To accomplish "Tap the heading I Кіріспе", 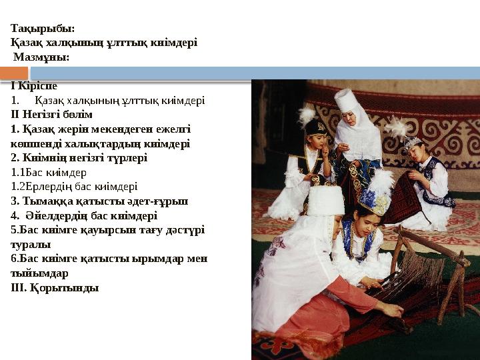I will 34,86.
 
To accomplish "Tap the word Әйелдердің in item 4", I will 55,215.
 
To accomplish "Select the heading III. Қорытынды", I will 55,288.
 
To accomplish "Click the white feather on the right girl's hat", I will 398,127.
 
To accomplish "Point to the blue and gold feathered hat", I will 373,198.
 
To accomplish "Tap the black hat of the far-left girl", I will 315,127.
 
